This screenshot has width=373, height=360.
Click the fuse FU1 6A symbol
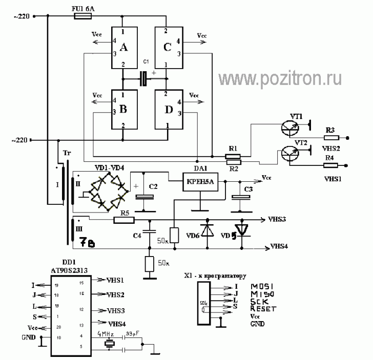tap(82, 16)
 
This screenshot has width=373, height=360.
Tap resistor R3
tap(331, 137)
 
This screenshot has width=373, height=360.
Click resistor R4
tap(331, 165)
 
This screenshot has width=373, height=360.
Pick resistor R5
tap(123, 220)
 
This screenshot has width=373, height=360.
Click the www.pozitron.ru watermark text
tap(281, 78)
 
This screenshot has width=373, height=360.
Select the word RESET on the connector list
tap(263, 309)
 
